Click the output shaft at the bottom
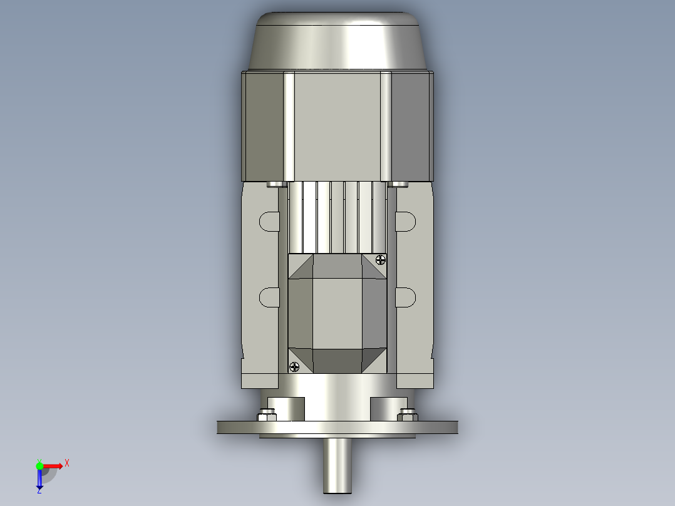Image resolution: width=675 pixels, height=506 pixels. [337, 467]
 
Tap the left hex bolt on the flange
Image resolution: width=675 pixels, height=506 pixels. [266, 415]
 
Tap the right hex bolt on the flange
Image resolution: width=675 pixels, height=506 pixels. [408, 415]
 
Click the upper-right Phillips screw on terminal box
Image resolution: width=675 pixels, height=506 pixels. [380, 259]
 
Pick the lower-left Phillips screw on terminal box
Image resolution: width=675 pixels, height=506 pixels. [294, 367]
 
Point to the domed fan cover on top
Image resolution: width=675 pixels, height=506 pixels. [338, 41]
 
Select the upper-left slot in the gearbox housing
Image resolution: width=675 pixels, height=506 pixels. [269, 221]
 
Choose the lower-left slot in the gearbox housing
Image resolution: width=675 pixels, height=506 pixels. [269, 297]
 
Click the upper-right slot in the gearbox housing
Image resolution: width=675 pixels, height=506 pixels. [406, 221]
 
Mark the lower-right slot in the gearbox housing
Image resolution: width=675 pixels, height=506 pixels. [406, 297]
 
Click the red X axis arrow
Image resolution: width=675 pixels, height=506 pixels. [53, 466]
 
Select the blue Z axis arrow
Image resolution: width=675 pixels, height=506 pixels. [39, 479]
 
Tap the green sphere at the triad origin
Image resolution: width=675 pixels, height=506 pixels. [39, 465]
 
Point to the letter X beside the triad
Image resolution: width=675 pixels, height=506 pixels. [67, 463]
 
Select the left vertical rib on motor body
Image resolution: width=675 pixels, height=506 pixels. [289, 125]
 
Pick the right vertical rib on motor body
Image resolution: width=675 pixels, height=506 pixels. [386, 125]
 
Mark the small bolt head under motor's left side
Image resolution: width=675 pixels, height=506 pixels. [274, 184]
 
